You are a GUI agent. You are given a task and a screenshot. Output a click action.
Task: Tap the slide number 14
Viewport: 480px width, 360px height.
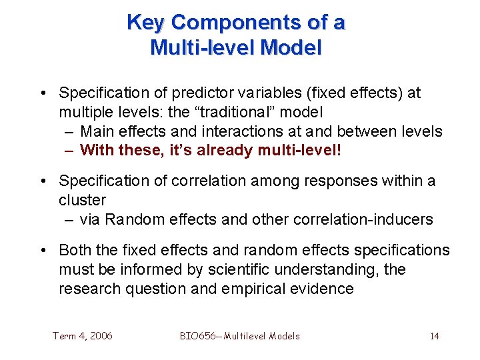click(x=434, y=336)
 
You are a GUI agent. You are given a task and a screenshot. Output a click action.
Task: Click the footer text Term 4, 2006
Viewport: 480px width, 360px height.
click(x=83, y=336)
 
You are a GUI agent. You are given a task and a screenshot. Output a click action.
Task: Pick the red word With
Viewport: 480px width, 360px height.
click(x=97, y=151)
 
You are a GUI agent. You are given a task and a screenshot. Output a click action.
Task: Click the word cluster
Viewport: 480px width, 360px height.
click(x=82, y=201)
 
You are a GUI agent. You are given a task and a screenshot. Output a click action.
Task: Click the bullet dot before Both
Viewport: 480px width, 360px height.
click(x=43, y=251)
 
